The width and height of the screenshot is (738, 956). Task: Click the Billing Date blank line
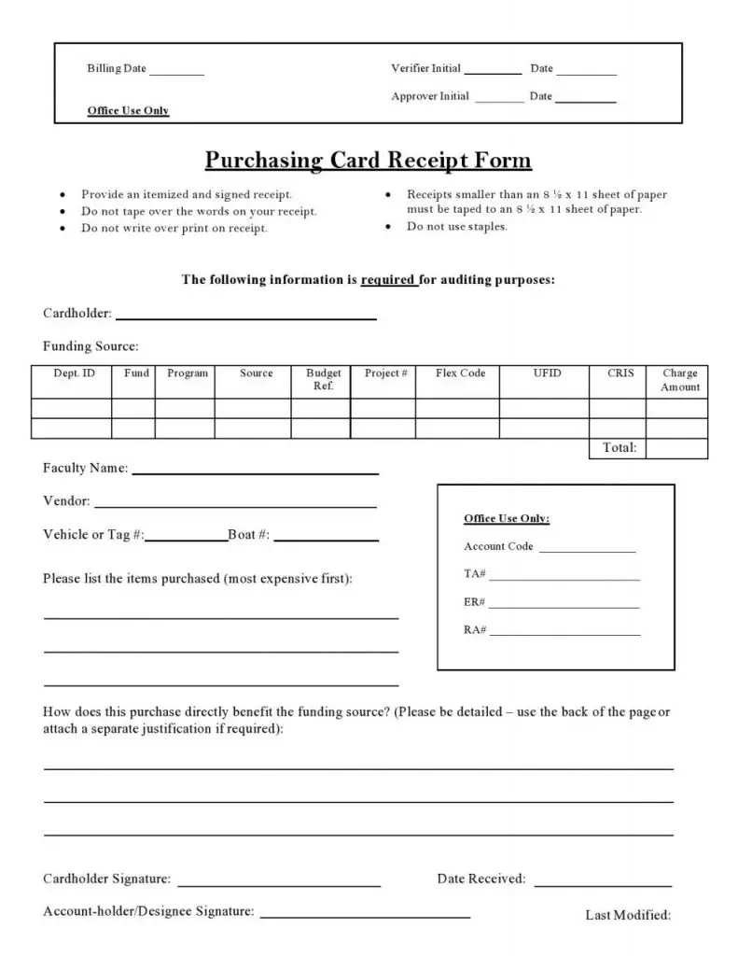tap(176, 74)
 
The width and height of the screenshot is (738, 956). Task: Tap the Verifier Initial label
tap(425, 69)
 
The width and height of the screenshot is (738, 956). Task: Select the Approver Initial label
tap(430, 97)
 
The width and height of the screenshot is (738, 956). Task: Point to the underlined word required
tap(389, 279)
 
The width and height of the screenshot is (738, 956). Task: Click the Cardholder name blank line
tap(245, 317)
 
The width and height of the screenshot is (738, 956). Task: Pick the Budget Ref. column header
tap(323, 380)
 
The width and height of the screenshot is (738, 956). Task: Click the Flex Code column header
tap(460, 373)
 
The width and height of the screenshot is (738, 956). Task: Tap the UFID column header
tap(547, 373)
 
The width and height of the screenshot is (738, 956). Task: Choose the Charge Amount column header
tap(679, 380)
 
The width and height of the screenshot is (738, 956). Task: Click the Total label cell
tap(620, 448)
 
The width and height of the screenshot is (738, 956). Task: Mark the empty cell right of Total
tap(676, 448)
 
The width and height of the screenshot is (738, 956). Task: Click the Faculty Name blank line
tap(256, 472)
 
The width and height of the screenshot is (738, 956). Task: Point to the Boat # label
tap(248, 535)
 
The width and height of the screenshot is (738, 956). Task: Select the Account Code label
tap(498, 547)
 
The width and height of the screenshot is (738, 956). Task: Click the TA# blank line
tap(564, 579)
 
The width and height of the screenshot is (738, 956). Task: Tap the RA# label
tap(475, 630)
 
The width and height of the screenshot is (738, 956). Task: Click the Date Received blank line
tap(603, 884)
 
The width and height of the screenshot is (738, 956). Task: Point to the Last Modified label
tap(628, 916)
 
